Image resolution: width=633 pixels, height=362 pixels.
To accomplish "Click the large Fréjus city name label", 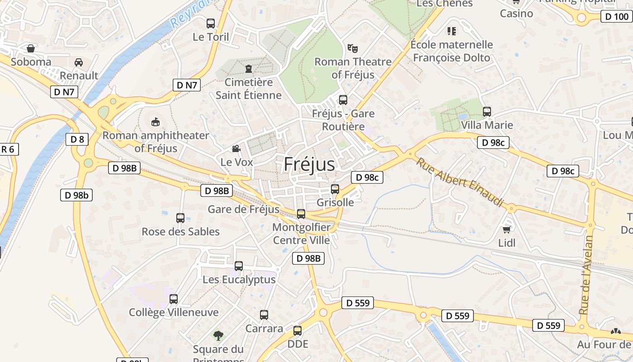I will [309, 164].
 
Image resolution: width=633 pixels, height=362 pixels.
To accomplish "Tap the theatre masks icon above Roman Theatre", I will [352, 48].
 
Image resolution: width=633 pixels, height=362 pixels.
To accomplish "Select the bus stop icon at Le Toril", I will [211, 24].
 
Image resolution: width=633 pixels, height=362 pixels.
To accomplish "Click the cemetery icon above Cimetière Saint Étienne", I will [248, 69].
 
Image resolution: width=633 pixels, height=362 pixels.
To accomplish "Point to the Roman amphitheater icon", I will [156, 122].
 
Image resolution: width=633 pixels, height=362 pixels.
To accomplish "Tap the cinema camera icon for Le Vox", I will [236, 148].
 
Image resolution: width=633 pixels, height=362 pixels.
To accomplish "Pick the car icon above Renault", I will [79, 62].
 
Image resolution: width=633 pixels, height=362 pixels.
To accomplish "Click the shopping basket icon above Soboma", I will [31, 48].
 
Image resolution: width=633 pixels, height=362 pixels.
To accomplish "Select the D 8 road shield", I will [77, 139].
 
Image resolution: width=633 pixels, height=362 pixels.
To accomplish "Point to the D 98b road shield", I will [76, 195].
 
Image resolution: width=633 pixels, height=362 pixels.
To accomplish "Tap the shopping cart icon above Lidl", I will [507, 229].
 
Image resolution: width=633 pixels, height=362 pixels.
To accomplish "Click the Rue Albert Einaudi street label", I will [460, 182].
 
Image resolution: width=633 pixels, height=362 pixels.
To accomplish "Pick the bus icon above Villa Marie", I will [487, 111].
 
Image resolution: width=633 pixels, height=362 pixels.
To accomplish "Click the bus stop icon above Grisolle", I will [335, 189].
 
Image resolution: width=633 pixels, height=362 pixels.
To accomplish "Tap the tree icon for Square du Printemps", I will [218, 335].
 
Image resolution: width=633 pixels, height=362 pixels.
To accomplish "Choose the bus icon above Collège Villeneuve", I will [174, 299].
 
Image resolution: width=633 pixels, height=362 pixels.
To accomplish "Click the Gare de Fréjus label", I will [243, 209].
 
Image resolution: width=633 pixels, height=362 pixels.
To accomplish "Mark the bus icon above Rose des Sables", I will [180, 218].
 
